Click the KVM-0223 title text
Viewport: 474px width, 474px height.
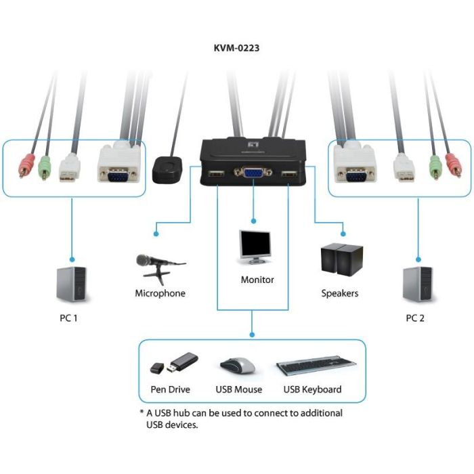pos(236,48)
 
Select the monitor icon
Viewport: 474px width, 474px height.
pos(255,247)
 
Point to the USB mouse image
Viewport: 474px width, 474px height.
pos(238,366)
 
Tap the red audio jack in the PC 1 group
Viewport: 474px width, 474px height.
pos(26,165)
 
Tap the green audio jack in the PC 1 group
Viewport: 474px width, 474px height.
pos(45,167)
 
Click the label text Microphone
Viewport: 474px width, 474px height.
pos(160,293)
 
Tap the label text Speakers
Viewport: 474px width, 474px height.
pos(339,293)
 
